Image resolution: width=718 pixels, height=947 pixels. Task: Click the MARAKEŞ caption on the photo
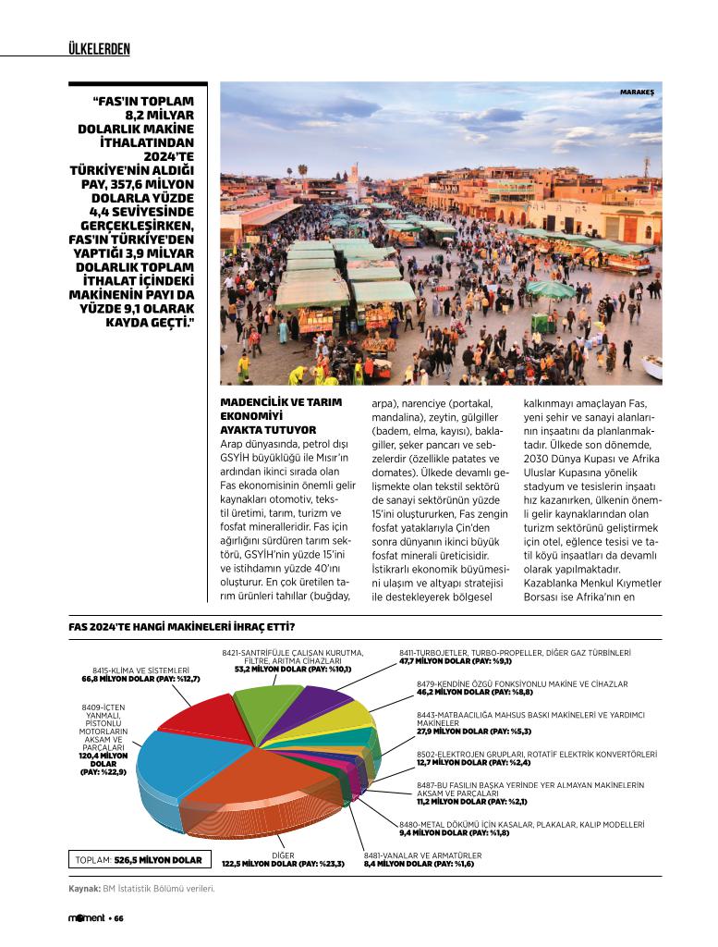point(637,92)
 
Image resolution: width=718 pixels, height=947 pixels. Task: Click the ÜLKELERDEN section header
point(99,48)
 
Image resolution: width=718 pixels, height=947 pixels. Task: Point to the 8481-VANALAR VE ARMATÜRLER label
point(422,855)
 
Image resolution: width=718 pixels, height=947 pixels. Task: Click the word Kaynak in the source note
point(83,889)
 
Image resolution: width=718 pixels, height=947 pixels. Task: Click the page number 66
point(119,918)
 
